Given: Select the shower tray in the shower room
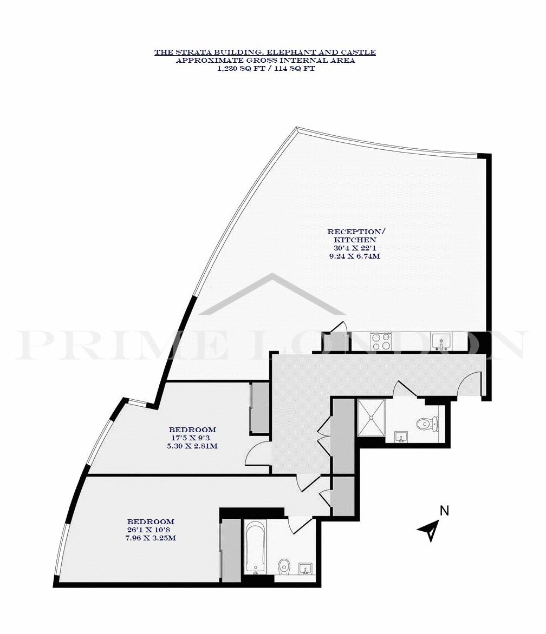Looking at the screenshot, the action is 370,418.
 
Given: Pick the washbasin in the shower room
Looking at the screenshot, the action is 401,437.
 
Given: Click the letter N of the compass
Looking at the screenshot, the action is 444,511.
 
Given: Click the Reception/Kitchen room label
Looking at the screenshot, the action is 356,236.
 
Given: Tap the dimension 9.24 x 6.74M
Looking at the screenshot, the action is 355,256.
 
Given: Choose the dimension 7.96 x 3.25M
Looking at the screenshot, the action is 151,538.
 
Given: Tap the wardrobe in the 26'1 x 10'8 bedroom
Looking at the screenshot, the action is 231,550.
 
